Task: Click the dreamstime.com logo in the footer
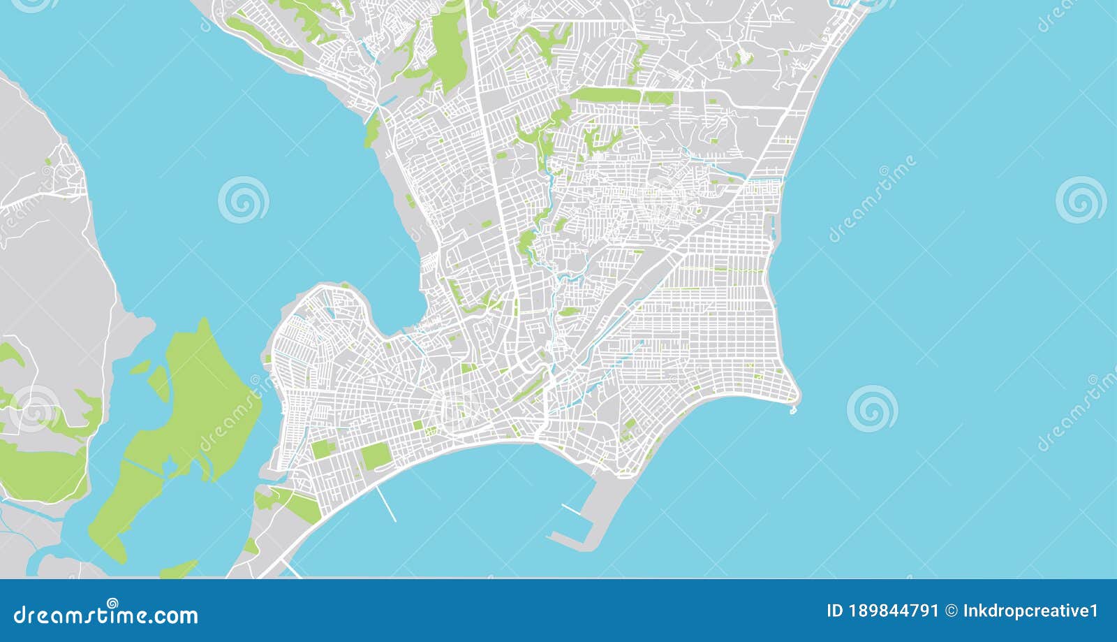click(106, 615)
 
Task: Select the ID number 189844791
click(894, 611)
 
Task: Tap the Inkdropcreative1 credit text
click(1030, 611)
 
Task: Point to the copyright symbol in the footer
click(951, 611)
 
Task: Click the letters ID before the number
click(835, 611)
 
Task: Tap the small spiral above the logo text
click(112, 603)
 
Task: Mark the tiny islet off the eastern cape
click(793, 410)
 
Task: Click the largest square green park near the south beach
click(376, 457)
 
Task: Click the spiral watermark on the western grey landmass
click(34, 409)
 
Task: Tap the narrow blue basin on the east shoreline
click(773, 224)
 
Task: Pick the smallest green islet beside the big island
click(140, 366)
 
